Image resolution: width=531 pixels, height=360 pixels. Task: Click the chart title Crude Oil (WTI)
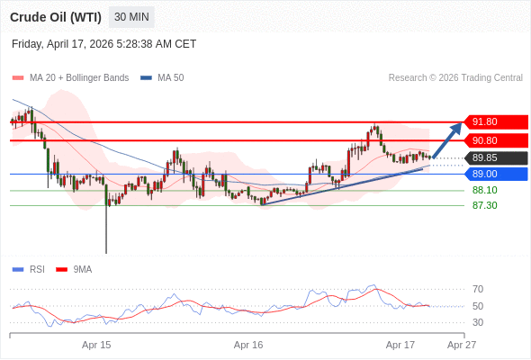55,17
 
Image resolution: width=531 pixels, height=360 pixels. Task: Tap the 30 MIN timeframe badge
131,17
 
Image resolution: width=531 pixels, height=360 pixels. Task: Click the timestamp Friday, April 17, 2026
103,44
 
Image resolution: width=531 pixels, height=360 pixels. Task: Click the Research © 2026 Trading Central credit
455,77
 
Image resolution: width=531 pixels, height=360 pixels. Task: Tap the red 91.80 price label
495,121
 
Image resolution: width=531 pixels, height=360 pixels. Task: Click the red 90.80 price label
495,140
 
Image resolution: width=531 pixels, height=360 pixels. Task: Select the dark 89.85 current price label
495,157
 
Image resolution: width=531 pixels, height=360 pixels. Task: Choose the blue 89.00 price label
495,174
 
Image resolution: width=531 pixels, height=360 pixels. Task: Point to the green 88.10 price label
484,190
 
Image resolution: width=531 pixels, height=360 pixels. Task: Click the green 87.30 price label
484,205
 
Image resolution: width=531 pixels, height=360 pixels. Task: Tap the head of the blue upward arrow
457,126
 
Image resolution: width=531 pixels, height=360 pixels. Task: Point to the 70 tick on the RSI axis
478,289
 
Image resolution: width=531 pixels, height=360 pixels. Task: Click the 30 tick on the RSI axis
478,322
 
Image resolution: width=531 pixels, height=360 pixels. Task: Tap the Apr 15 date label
96,345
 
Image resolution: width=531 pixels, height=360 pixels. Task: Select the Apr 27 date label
462,345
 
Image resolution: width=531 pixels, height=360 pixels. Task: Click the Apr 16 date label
248,345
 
